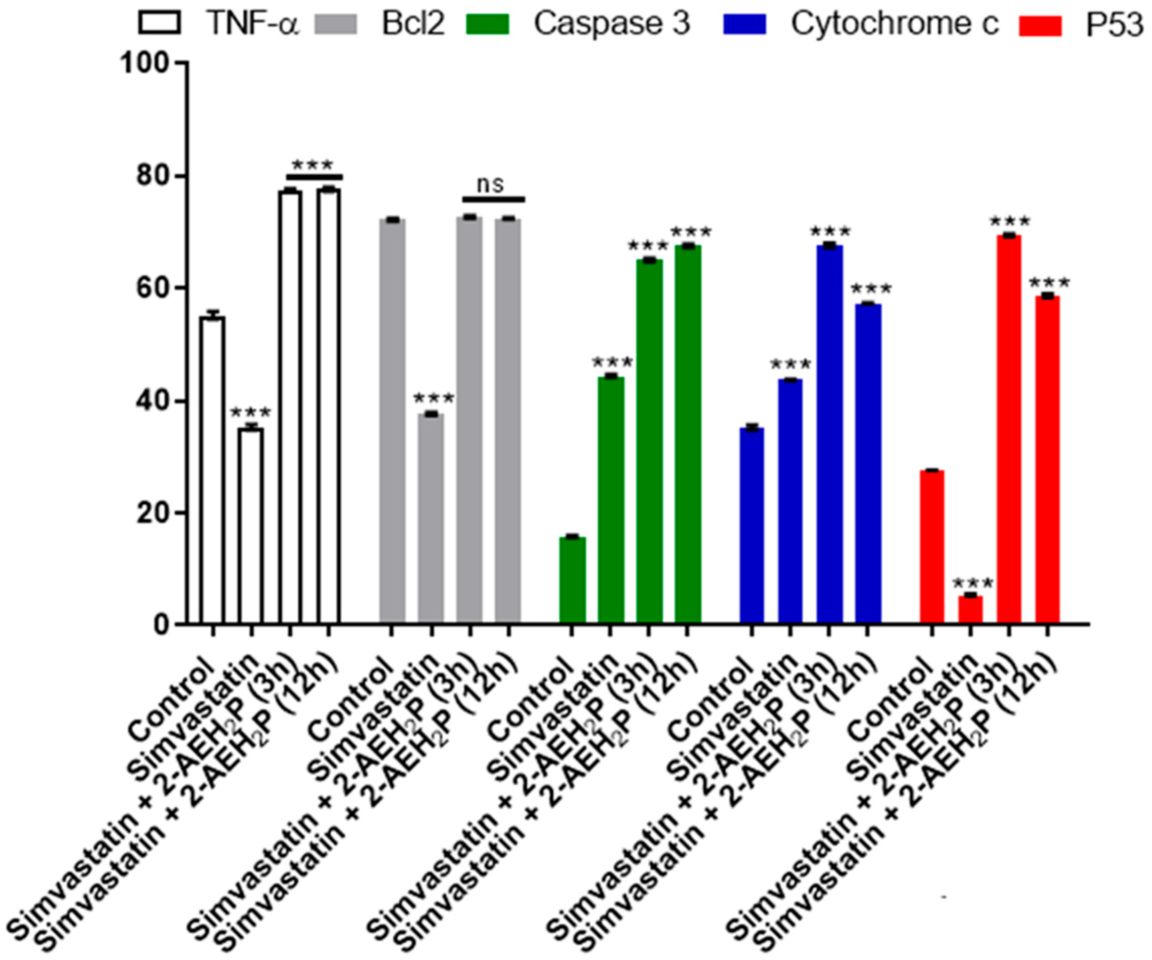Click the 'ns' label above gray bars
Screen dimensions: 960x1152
click(490, 185)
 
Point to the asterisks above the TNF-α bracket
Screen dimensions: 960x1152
click(312, 164)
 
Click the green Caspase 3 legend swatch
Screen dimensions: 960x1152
click(488, 24)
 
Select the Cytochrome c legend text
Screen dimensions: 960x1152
click(894, 24)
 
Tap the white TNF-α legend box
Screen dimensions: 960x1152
click(159, 24)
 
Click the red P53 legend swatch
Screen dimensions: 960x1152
click(1040, 24)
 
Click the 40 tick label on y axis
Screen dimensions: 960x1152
click(153, 402)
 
